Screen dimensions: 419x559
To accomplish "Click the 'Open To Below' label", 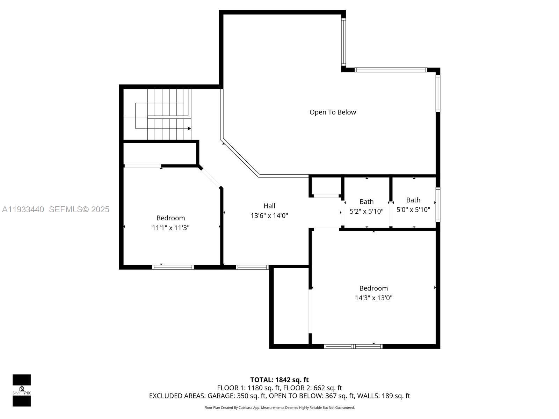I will pyautogui.click(x=333, y=112).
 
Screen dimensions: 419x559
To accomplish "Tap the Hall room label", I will pyautogui.click(x=269, y=206).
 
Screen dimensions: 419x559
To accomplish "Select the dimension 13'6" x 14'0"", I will pyautogui.click(x=269, y=216).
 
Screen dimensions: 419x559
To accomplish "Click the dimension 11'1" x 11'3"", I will pyautogui.click(x=170, y=228).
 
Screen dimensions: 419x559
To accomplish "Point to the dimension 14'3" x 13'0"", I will pyautogui.click(x=373, y=298).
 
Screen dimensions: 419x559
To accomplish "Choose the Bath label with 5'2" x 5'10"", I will pyautogui.click(x=366, y=202).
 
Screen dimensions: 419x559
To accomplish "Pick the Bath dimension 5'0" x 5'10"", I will pyautogui.click(x=413, y=210).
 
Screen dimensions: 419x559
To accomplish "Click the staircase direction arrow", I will pyautogui.click(x=189, y=128).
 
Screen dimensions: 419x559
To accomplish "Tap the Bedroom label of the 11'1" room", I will pyautogui.click(x=170, y=218).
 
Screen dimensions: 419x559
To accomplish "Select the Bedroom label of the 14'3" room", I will pyautogui.click(x=373, y=288).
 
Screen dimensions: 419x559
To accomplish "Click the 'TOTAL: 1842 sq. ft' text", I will pyautogui.click(x=279, y=380).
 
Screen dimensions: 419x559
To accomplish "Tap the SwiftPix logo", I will pyautogui.click(x=22, y=390).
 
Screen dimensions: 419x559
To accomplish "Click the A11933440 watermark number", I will pyautogui.click(x=23, y=209).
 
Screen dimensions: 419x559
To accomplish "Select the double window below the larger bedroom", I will pyautogui.click(x=353, y=346).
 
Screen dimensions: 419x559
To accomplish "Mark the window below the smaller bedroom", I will pyautogui.click(x=173, y=267).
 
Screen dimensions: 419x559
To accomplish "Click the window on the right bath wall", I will pyautogui.click(x=437, y=204).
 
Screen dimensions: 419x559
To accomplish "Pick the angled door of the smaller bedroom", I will pyautogui.click(x=210, y=177).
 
